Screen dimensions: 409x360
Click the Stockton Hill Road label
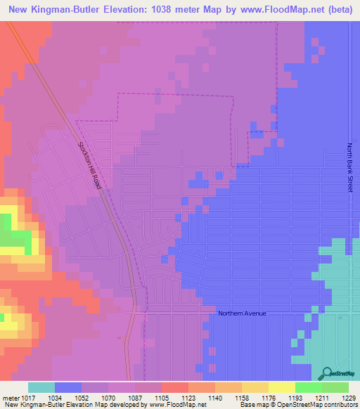coord(90,165)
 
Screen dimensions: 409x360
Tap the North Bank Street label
coord(349,168)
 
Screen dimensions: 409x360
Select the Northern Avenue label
coord(242,313)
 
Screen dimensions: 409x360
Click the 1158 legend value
coord(242,397)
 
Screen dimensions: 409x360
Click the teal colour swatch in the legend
coord(41,387)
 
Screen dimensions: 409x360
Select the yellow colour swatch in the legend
coord(281,387)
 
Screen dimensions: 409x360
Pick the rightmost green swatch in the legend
coord(335,387)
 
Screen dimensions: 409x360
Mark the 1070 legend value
coord(109,397)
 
